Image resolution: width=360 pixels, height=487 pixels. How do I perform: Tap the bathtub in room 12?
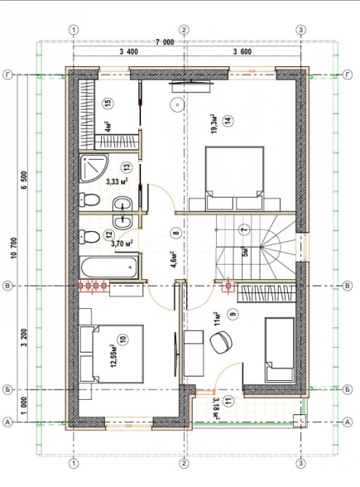tap(109, 267)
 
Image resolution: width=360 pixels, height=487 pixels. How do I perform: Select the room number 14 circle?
tap(228, 121)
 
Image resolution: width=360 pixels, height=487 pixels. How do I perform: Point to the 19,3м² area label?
tap(214, 124)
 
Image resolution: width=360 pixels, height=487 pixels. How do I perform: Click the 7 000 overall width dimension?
tap(165, 43)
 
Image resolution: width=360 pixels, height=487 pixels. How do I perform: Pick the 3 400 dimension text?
tap(129, 52)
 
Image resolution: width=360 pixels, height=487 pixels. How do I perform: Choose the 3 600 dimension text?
tap(242, 52)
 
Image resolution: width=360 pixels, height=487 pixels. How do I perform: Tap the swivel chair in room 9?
tap(221, 342)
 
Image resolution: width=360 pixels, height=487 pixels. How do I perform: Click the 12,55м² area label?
tap(113, 355)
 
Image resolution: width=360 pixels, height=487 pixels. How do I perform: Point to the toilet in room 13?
tap(89, 200)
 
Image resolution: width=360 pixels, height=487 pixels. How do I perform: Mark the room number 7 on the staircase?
tap(244, 230)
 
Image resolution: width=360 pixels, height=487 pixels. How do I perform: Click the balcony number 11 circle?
tap(229, 402)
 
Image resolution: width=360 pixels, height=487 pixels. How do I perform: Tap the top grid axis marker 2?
tap(184, 30)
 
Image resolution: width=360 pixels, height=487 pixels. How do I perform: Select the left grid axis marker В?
tap(7, 286)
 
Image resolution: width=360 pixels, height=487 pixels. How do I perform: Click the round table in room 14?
tap(177, 105)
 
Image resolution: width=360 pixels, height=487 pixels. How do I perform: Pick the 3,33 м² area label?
tap(117, 182)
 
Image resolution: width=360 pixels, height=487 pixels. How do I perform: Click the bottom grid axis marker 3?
tap(300, 464)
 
